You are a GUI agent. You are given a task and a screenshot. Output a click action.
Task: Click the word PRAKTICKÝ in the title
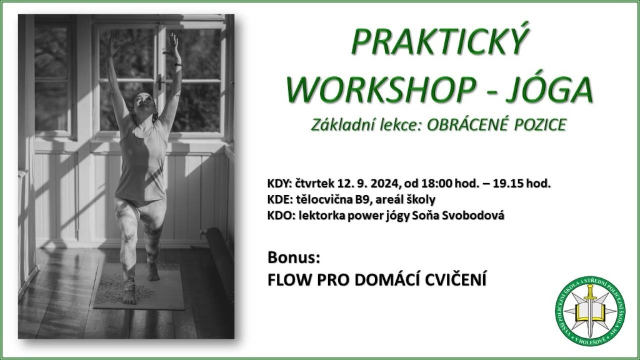pyautogui.click(x=439, y=42)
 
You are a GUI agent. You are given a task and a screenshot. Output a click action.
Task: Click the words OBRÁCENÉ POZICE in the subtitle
pyautogui.click(x=496, y=124)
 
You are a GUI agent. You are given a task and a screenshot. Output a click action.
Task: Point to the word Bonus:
pyautogui.click(x=294, y=258)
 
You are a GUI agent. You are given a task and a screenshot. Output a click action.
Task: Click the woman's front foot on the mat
pyautogui.click(x=129, y=293)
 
